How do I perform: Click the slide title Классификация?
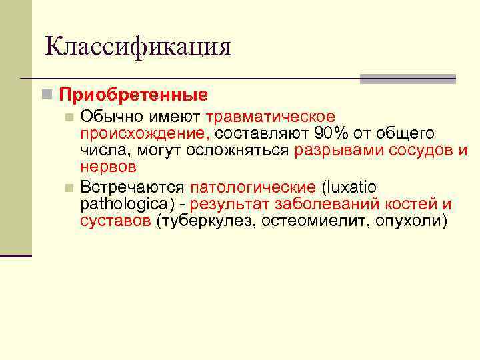(x=138, y=47)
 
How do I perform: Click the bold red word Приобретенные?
(x=133, y=95)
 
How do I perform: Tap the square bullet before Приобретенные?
(x=45, y=95)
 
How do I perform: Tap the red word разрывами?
(x=335, y=151)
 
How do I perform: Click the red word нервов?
(x=108, y=167)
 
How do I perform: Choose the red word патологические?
(x=253, y=187)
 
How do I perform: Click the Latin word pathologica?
(x=125, y=204)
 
